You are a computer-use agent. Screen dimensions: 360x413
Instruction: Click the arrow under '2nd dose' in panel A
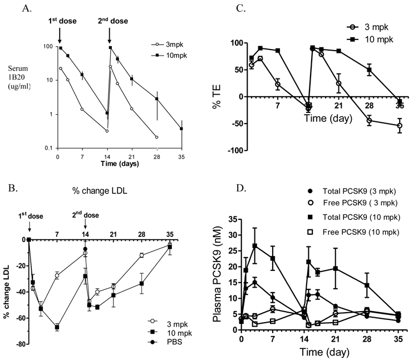(110, 37)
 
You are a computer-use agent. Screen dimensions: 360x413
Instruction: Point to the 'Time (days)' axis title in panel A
(116, 164)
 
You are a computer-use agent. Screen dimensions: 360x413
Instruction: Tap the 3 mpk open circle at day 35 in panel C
(400, 126)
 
